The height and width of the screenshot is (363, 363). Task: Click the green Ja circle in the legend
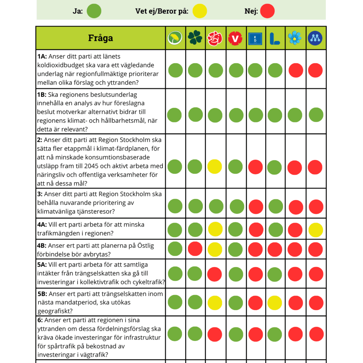click(94, 11)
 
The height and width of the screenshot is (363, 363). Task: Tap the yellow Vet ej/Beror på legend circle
click(200, 11)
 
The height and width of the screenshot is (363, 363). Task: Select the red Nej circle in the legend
click(267, 11)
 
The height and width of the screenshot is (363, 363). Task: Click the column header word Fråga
click(100, 38)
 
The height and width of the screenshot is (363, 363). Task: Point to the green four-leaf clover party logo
click(195, 38)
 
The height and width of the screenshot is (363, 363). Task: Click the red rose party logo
click(215, 38)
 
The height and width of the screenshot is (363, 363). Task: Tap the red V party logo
click(235, 38)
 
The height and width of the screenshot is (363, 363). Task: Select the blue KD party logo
click(255, 39)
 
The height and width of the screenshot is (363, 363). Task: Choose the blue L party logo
click(275, 39)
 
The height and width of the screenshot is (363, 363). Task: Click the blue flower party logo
click(295, 38)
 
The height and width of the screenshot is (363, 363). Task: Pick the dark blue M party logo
click(315, 38)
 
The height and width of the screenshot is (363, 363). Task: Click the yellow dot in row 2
click(214, 167)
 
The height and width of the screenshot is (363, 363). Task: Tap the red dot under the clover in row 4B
click(195, 249)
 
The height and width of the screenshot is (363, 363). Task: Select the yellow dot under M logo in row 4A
click(315, 230)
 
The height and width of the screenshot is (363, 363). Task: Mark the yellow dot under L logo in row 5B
click(275, 303)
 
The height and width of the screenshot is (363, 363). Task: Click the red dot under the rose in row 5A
click(214, 274)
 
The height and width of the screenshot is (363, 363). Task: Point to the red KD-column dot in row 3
click(256, 207)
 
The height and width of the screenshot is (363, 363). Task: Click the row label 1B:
click(42, 95)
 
